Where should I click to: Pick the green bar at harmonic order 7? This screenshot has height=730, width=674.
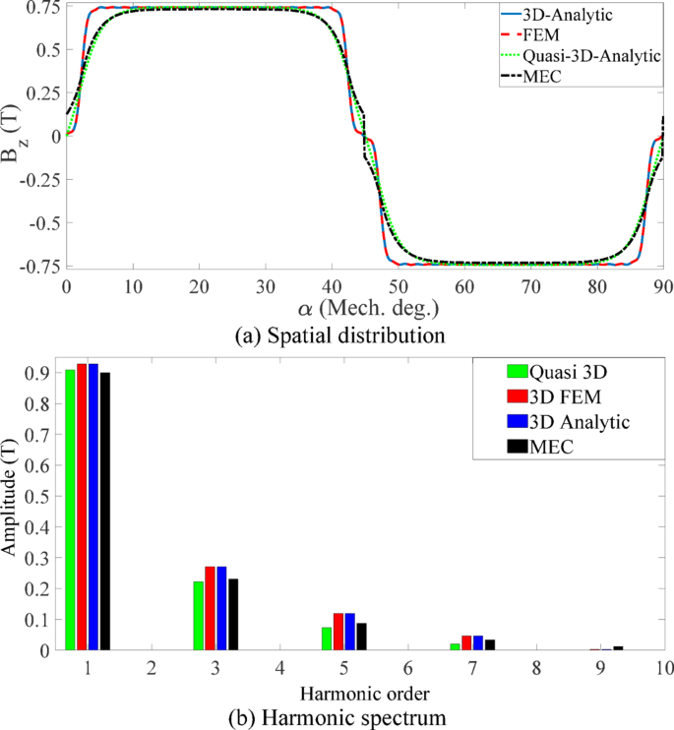455,646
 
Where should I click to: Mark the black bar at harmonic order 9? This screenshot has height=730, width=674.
618,647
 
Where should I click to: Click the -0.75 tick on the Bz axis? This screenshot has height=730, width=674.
37,267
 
